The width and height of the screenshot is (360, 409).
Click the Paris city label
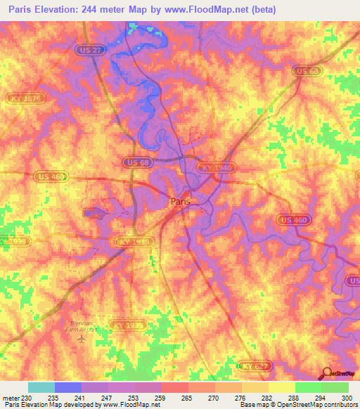pos(181,201)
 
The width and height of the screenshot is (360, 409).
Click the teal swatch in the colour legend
pos(41,387)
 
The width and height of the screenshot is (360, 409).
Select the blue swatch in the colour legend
pos(68,387)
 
